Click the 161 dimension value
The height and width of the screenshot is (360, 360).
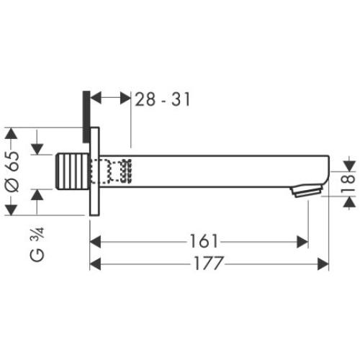tap(206, 241)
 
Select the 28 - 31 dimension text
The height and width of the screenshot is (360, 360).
tap(163, 99)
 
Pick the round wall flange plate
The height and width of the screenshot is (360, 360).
tap(92, 173)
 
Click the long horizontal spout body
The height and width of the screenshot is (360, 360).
tap(216, 171)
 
